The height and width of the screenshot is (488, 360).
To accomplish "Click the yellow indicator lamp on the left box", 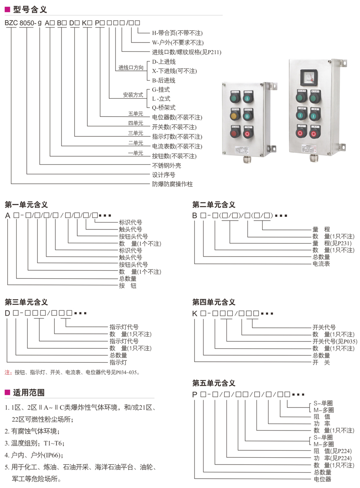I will tap(235, 117).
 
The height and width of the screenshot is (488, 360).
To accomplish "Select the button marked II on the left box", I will tap(248, 116).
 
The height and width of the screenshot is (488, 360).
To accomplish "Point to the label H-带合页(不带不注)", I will tap(177, 33).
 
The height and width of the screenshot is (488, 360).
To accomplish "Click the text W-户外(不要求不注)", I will tap(178, 42).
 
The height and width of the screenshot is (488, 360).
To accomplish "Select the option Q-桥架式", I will tap(164, 108).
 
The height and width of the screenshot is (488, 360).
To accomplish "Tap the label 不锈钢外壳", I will tap(166, 165).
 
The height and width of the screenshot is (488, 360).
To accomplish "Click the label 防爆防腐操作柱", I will tap(172, 185).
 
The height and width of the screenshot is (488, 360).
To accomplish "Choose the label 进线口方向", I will tap(131, 68).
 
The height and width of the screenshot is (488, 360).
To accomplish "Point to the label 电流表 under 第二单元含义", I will tap(321, 264).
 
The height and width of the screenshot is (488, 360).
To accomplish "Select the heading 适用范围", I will tap(29, 392).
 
